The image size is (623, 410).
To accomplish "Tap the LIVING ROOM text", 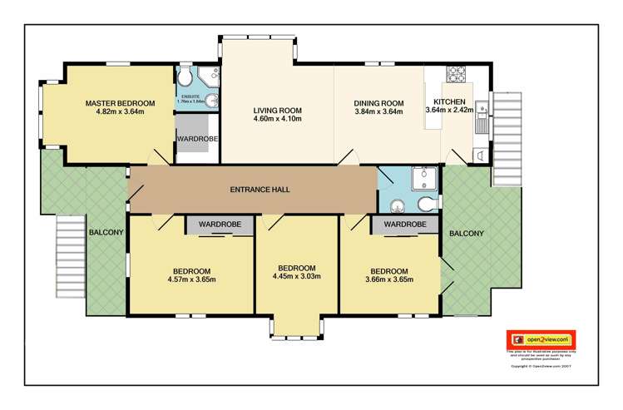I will point(277,110).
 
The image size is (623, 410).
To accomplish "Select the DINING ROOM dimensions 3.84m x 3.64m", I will point(378,111).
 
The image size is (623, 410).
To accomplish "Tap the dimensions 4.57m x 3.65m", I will point(191,279).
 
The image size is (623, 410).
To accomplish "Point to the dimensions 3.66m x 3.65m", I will point(389,279).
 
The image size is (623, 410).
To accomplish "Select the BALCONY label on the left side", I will point(106,232).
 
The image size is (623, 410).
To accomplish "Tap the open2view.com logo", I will point(541,339).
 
